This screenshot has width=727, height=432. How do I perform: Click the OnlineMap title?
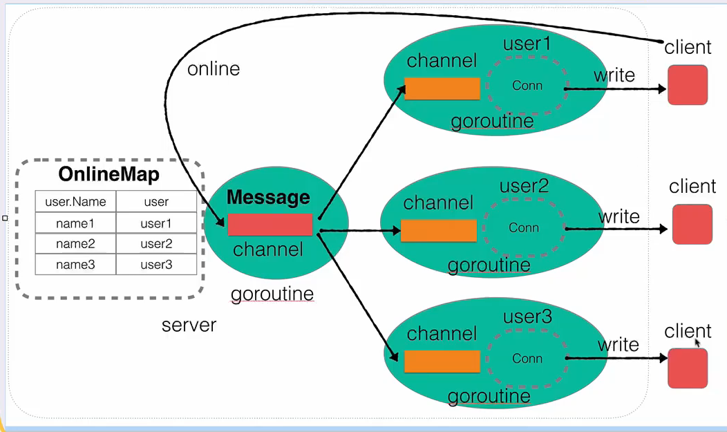pyautogui.click(x=109, y=174)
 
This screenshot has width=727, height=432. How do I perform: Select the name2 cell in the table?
pyautogui.click(x=75, y=244)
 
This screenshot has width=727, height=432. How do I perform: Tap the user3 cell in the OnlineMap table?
pyautogui.click(x=156, y=265)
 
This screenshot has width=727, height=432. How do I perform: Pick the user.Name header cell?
pyautogui.click(x=75, y=202)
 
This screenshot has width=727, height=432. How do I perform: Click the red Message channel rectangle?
pyautogui.click(x=270, y=225)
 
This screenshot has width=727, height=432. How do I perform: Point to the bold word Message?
pyautogui.click(x=268, y=198)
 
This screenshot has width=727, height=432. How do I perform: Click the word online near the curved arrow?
pyautogui.click(x=214, y=69)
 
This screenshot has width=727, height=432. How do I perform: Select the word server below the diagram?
pyautogui.click(x=189, y=326)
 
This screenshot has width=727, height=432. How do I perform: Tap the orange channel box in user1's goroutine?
pyautogui.click(x=442, y=88)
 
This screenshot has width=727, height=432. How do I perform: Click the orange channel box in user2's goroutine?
pyautogui.click(x=439, y=231)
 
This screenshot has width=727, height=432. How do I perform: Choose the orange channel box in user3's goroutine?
pyautogui.click(x=442, y=361)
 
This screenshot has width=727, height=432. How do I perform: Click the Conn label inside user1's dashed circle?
pyautogui.click(x=527, y=85)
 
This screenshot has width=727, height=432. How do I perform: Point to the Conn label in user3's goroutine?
pyautogui.click(x=527, y=358)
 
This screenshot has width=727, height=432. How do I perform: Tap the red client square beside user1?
pyautogui.click(x=688, y=85)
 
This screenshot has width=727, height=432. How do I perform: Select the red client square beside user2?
pyautogui.click(x=692, y=225)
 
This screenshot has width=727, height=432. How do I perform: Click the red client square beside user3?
pyautogui.click(x=688, y=368)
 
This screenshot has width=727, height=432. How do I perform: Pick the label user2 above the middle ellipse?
pyautogui.click(x=524, y=187)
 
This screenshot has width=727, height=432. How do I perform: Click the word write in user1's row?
pyautogui.click(x=614, y=75)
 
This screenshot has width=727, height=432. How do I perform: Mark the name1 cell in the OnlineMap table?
pyautogui.click(x=75, y=223)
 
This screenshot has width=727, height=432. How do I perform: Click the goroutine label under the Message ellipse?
pyautogui.click(x=272, y=294)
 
